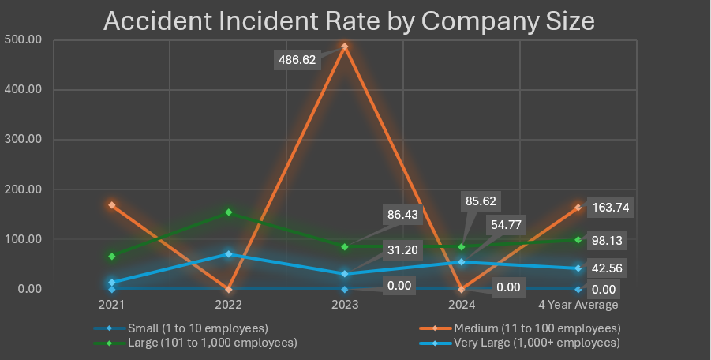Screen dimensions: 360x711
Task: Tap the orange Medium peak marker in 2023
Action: [345, 47]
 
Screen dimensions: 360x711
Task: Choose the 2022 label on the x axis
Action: [228, 304]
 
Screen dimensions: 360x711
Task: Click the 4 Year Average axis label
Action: [578, 304]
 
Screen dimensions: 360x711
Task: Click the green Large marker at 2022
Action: [228, 212]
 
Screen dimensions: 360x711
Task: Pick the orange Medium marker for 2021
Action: [112, 205]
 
